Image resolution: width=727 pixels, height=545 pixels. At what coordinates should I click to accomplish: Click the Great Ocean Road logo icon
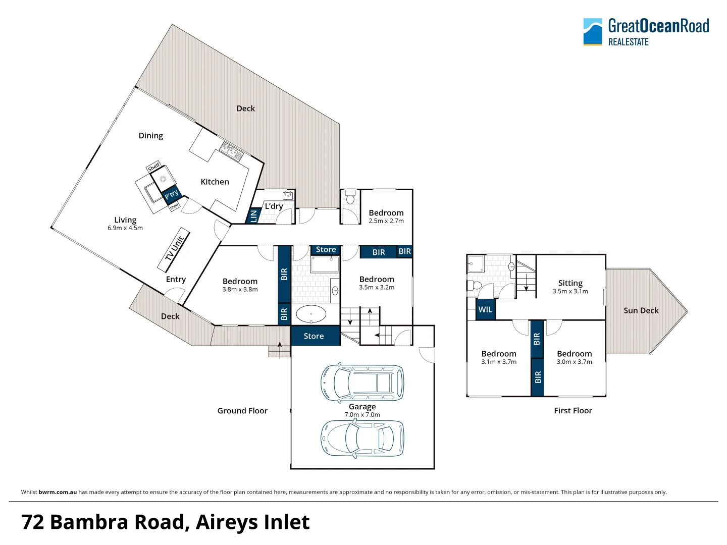pyautogui.click(x=592, y=32)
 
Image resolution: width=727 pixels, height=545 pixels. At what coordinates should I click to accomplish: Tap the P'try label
pyautogui.click(x=171, y=194)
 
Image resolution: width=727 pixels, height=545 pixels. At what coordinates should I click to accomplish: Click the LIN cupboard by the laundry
pyautogui.click(x=253, y=215)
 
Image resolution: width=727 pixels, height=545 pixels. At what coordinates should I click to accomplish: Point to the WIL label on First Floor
pyautogui.click(x=485, y=309)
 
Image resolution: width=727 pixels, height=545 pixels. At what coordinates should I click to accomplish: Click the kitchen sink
pyautogui.click(x=232, y=151)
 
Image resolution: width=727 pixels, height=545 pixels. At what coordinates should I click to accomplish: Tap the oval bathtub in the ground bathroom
pyautogui.click(x=311, y=314)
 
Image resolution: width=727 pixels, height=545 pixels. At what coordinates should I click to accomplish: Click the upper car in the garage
pyautogui.click(x=362, y=382)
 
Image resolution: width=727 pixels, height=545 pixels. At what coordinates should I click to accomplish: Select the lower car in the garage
pyautogui.click(x=362, y=438)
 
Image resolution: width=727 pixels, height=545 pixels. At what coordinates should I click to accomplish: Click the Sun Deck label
pyautogui.click(x=641, y=310)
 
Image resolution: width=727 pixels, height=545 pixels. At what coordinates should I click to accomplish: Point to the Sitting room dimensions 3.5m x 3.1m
pyautogui.click(x=570, y=291)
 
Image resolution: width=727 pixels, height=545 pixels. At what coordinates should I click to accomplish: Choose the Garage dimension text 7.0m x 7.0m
pyautogui.click(x=362, y=415)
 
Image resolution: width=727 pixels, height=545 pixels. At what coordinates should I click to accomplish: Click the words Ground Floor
pyautogui.click(x=242, y=411)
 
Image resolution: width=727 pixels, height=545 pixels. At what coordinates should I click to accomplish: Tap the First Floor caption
pyautogui.click(x=573, y=411)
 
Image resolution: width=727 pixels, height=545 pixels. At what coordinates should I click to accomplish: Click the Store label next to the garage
pyautogui.click(x=314, y=336)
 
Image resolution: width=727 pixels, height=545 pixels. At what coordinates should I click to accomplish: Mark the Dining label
pyautogui.click(x=150, y=136)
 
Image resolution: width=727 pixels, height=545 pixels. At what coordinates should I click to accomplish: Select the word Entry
pyautogui.click(x=176, y=279)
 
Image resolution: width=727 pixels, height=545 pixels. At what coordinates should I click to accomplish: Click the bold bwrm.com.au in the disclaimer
pyautogui.click(x=58, y=492)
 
